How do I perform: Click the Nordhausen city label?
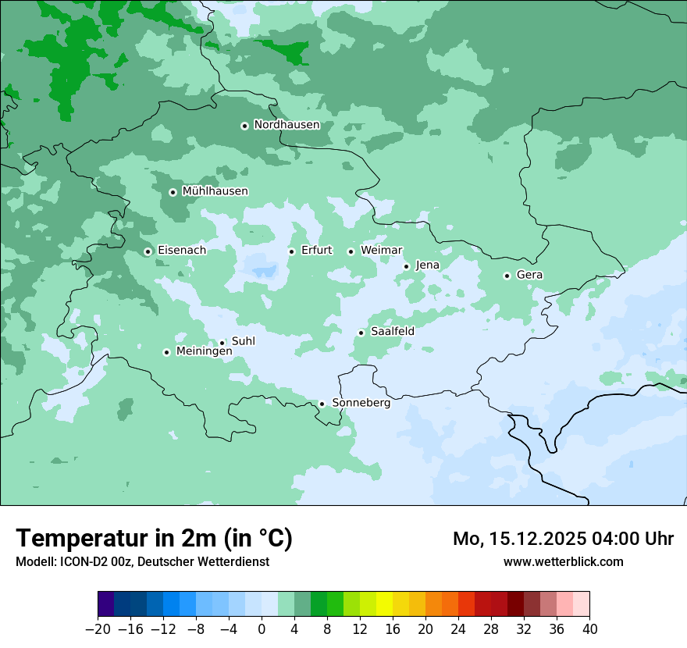coord(287,125)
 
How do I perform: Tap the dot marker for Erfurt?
coord(291,251)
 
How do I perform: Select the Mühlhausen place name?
coord(215,191)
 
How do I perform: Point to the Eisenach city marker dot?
coord(148,251)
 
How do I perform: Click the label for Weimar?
coord(381,251)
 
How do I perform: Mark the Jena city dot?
coord(406,266)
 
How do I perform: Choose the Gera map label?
coord(529,275)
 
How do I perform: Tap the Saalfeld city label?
coord(392,332)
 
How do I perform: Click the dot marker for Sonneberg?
coord(322,404)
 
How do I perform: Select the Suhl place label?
coord(243,341)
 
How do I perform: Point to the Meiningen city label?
coord(204,352)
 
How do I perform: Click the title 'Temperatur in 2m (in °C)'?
coord(154,538)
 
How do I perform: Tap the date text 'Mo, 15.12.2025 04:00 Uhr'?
coord(563,539)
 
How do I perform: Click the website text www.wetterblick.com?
coord(563,561)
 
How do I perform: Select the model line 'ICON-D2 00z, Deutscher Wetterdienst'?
coord(142,561)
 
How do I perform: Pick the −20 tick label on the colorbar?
coord(98,628)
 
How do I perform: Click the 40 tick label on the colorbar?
coord(589,628)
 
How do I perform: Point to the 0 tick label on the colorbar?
coord(262,628)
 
